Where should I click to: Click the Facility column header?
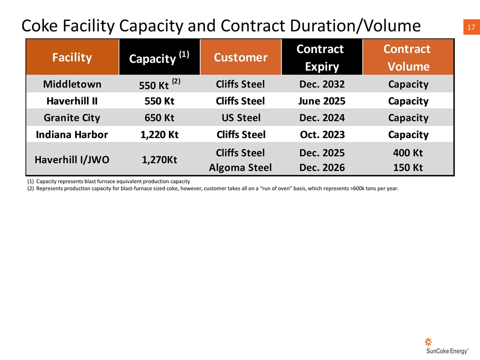(72, 57)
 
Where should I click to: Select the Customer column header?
(240, 57)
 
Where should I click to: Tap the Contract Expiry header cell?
(321, 57)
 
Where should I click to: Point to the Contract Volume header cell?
(408, 57)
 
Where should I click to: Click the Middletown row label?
(72, 84)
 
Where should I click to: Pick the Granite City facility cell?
(72, 118)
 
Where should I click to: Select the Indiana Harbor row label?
(72, 134)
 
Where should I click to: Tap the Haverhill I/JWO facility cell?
(72, 159)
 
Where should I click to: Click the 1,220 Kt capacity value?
(159, 134)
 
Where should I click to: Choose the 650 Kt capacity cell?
(159, 118)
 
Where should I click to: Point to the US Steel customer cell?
(241, 118)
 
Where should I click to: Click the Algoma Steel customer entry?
(240, 168)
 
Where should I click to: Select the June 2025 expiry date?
(322, 101)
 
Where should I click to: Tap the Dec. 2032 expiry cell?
(322, 84)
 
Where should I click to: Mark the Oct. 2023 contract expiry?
(322, 134)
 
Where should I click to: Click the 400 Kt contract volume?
(408, 153)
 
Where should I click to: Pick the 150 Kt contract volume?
(408, 168)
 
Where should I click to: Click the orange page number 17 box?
(471, 27)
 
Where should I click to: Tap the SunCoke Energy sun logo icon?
(428, 341)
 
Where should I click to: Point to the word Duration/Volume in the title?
(355, 25)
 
